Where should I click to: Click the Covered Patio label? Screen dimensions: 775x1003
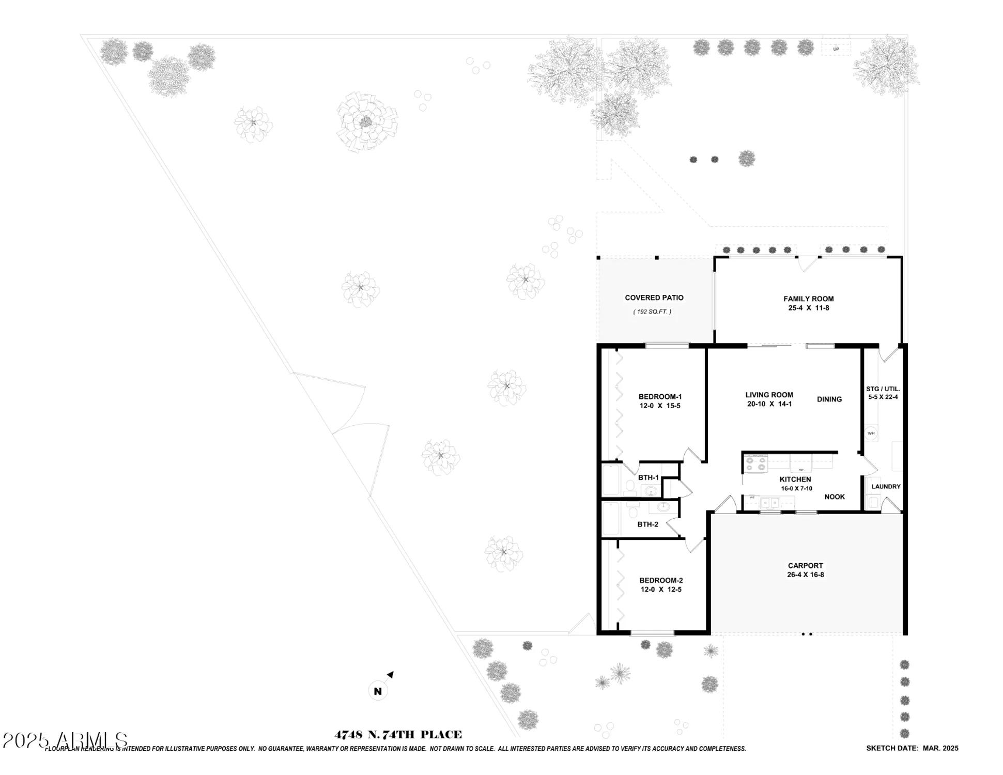[x=654, y=298]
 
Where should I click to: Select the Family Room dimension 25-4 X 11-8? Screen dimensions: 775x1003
[x=808, y=308]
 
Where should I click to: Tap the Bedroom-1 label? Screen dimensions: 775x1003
[x=660, y=397]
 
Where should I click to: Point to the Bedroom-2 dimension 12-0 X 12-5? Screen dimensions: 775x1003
[x=660, y=590]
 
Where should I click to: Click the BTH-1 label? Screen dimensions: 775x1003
[x=648, y=477]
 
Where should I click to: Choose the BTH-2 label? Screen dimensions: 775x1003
[x=647, y=524]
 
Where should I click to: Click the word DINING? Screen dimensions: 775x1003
[x=829, y=399]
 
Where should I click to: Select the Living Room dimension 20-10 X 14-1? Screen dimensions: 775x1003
[x=769, y=404]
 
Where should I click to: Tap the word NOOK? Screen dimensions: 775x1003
[x=835, y=497]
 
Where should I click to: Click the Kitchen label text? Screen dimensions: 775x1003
[x=795, y=479]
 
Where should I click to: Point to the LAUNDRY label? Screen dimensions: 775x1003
[x=886, y=487]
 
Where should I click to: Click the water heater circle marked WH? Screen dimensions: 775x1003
[x=871, y=433]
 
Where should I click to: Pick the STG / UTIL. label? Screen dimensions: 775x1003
[x=883, y=389]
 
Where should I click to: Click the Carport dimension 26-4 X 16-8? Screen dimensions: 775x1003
[x=805, y=575]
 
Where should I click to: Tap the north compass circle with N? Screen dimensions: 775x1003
[x=378, y=691]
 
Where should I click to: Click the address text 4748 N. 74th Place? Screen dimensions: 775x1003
[x=398, y=735]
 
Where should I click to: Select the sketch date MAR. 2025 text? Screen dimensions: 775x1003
[x=912, y=748]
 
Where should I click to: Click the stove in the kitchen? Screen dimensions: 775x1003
[x=755, y=463]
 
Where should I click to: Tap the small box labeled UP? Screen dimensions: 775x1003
[x=836, y=49]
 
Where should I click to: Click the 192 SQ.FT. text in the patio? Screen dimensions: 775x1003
[x=652, y=312]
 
